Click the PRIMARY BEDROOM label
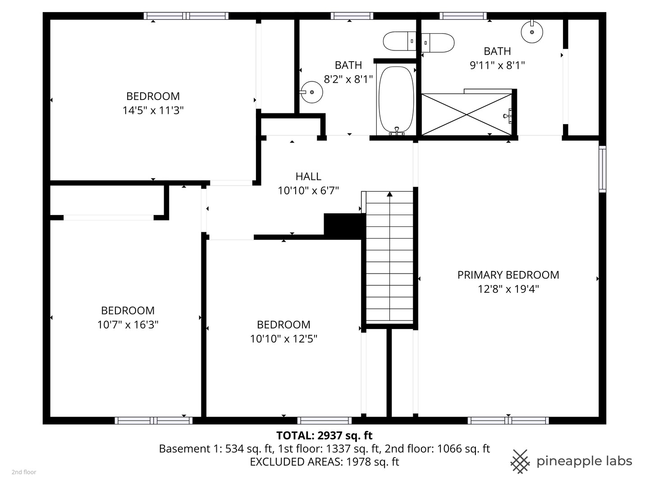pos(508,275)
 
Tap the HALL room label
pos(308,176)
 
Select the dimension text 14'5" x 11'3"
pos(153,110)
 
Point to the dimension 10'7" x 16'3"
pos(128,324)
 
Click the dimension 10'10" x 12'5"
pos(283,338)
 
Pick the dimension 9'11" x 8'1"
pos(497,65)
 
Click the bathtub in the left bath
pos(396,99)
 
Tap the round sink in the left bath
pos(311,92)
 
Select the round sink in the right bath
pos(532,31)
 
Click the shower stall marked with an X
pos(466,114)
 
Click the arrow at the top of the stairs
pos(389,194)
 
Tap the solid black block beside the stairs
pos(344,225)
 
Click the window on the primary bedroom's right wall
pos(602,169)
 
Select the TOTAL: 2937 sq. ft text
pos(324,435)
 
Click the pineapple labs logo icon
pos(520,461)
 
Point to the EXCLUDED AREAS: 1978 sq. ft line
pos(324,462)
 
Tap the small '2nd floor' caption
pos(24,472)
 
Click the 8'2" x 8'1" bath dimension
pos(348,79)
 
